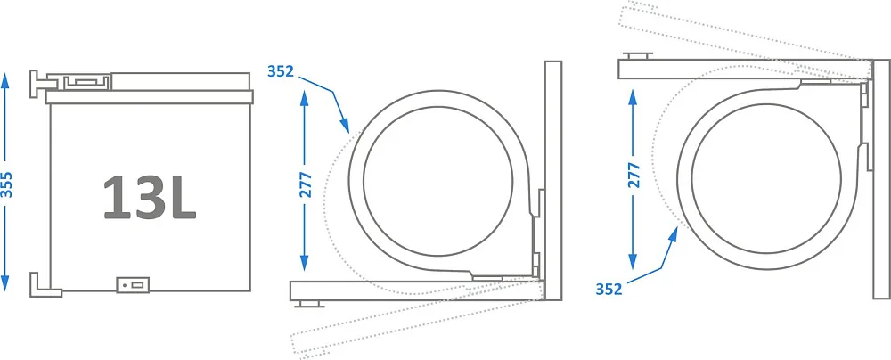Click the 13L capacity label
150,197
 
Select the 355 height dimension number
6,184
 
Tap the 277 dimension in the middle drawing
305,184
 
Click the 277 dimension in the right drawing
634,175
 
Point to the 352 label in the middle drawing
281,71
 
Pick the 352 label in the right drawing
609,289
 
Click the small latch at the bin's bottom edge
133,284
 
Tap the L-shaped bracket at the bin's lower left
45,284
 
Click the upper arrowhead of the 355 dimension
5,81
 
